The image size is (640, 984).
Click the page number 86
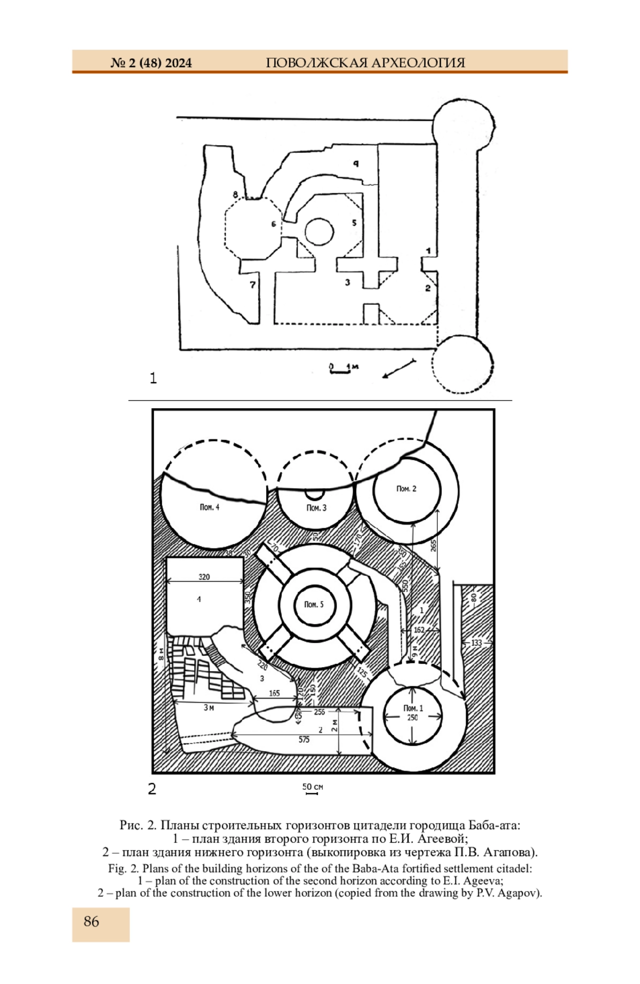click(x=91, y=922)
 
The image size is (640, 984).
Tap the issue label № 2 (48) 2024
click(x=151, y=63)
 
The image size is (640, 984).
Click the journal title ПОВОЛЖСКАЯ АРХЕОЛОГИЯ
click(x=365, y=63)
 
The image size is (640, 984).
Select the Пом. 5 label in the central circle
click(x=314, y=605)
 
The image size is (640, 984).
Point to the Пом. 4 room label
click(x=210, y=507)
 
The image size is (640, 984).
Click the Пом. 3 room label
click(x=316, y=507)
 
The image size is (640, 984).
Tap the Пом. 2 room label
click(x=406, y=488)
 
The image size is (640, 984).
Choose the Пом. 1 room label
click(x=413, y=708)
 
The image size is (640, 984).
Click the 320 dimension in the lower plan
click(x=204, y=576)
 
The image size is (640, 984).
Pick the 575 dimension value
click(x=304, y=740)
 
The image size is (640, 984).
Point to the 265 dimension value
click(x=433, y=546)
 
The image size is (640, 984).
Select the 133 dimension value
click(x=476, y=643)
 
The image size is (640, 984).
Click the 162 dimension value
click(x=419, y=630)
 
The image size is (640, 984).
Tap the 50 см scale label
click(x=313, y=787)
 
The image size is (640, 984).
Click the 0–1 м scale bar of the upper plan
click(x=340, y=369)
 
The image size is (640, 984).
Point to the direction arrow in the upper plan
click(x=399, y=369)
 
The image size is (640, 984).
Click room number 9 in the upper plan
click(x=356, y=163)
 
